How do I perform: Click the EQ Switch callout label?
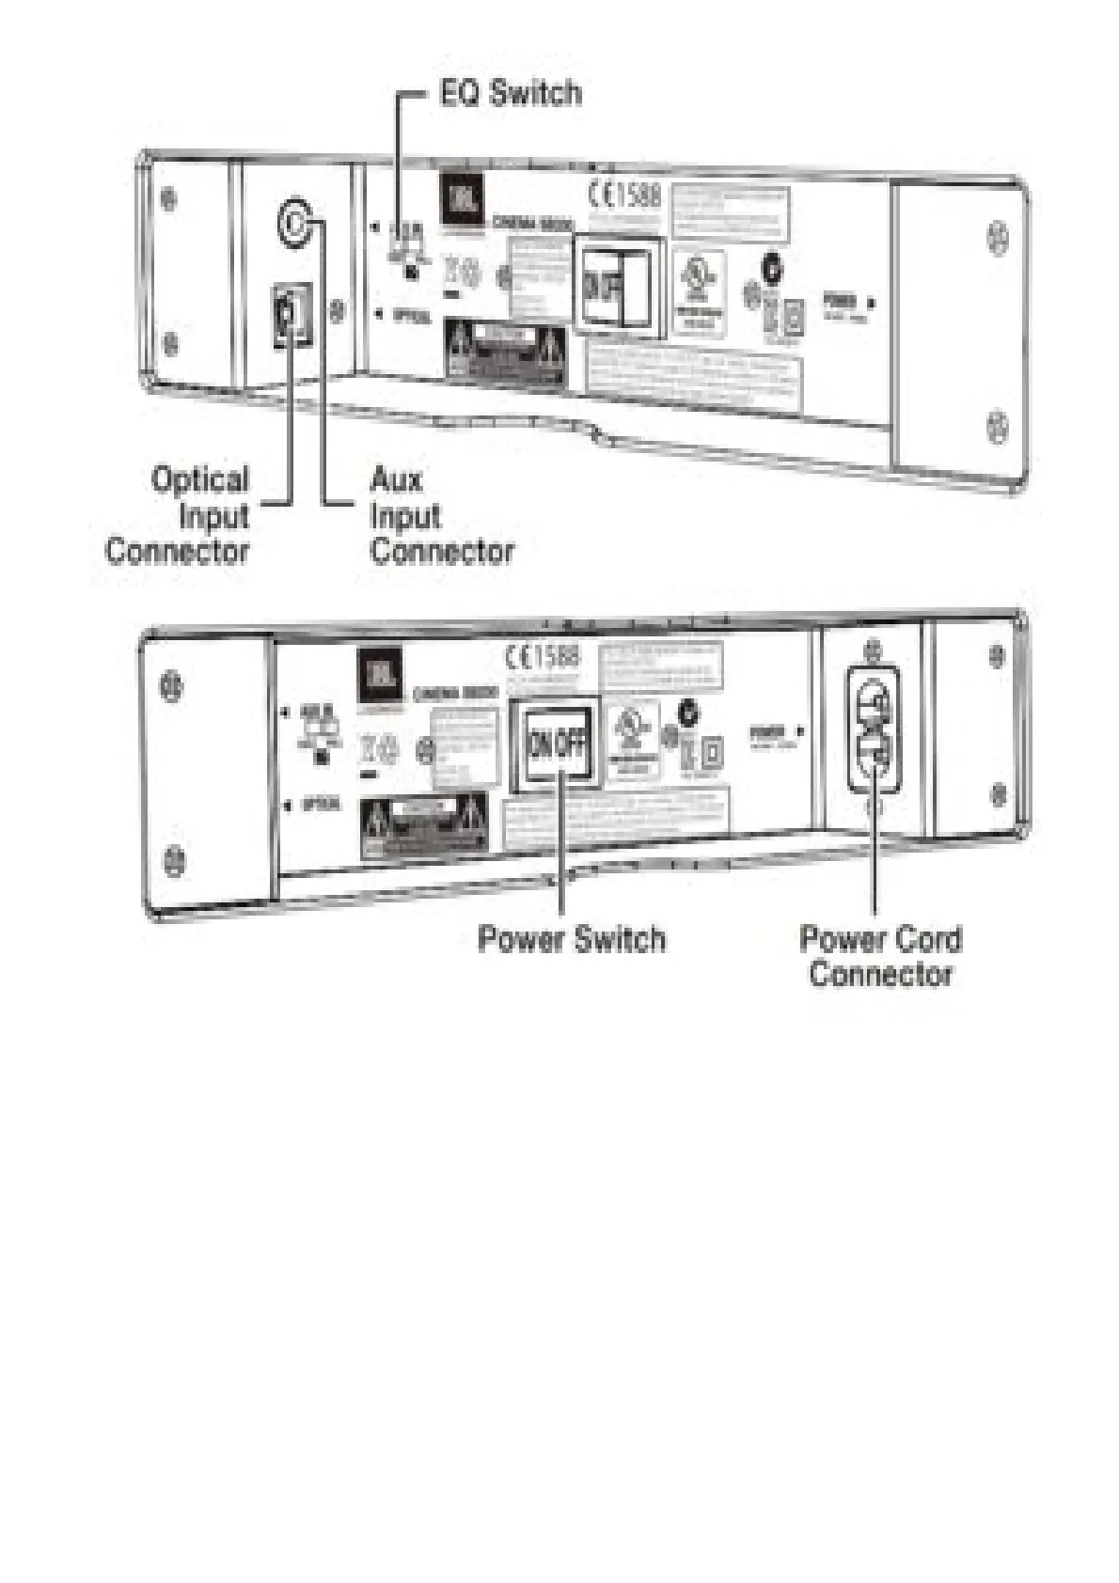pos(510,93)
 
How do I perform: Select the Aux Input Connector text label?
pos(440,515)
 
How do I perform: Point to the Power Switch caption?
pos(572,938)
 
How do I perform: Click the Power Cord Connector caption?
pos(880,955)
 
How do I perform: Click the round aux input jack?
pos(294,223)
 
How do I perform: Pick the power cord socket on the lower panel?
pos(874,729)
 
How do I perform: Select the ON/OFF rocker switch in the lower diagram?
pos(558,744)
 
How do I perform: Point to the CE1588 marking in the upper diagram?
pos(624,196)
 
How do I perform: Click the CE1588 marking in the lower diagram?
pos(544,655)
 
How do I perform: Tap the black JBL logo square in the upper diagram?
pos(461,201)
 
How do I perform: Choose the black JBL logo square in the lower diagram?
pos(378,674)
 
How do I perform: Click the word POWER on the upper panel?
pos(840,302)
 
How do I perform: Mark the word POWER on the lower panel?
pos(767,730)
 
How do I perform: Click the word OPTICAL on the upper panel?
pos(411,316)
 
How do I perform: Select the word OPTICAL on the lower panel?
pos(321,806)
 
